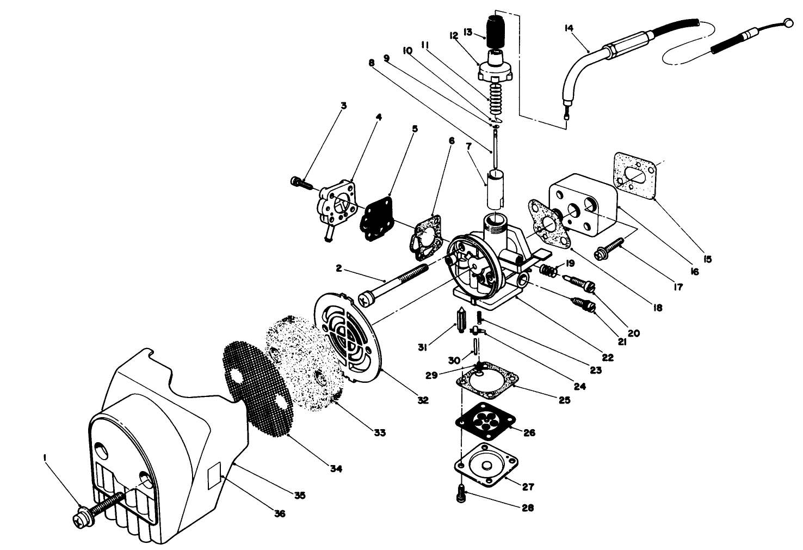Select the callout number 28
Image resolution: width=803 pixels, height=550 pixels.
pyautogui.click(x=527, y=508)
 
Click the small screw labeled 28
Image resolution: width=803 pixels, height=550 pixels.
pyautogui.click(x=461, y=493)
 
